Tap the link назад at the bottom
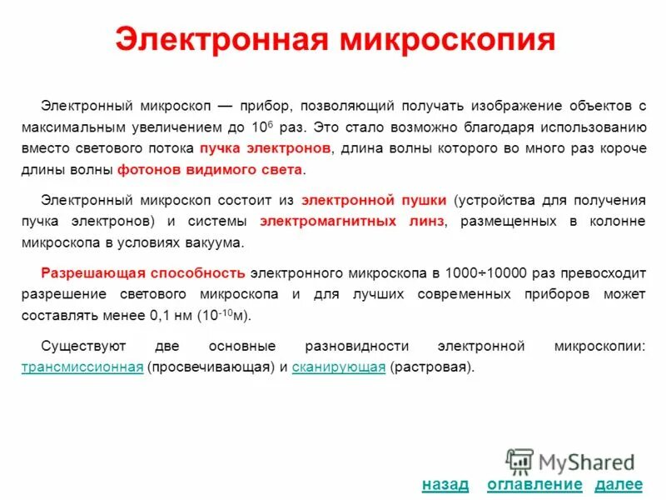click(x=445, y=484)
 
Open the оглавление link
click(x=534, y=484)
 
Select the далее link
click(x=619, y=484)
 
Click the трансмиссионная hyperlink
click(x=82, y=367)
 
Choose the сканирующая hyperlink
click(x=339, y=367)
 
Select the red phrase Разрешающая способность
click(x=143, y=272)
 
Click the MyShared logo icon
click(x=519, y=462)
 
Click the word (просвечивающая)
click(x=211, y=367)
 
